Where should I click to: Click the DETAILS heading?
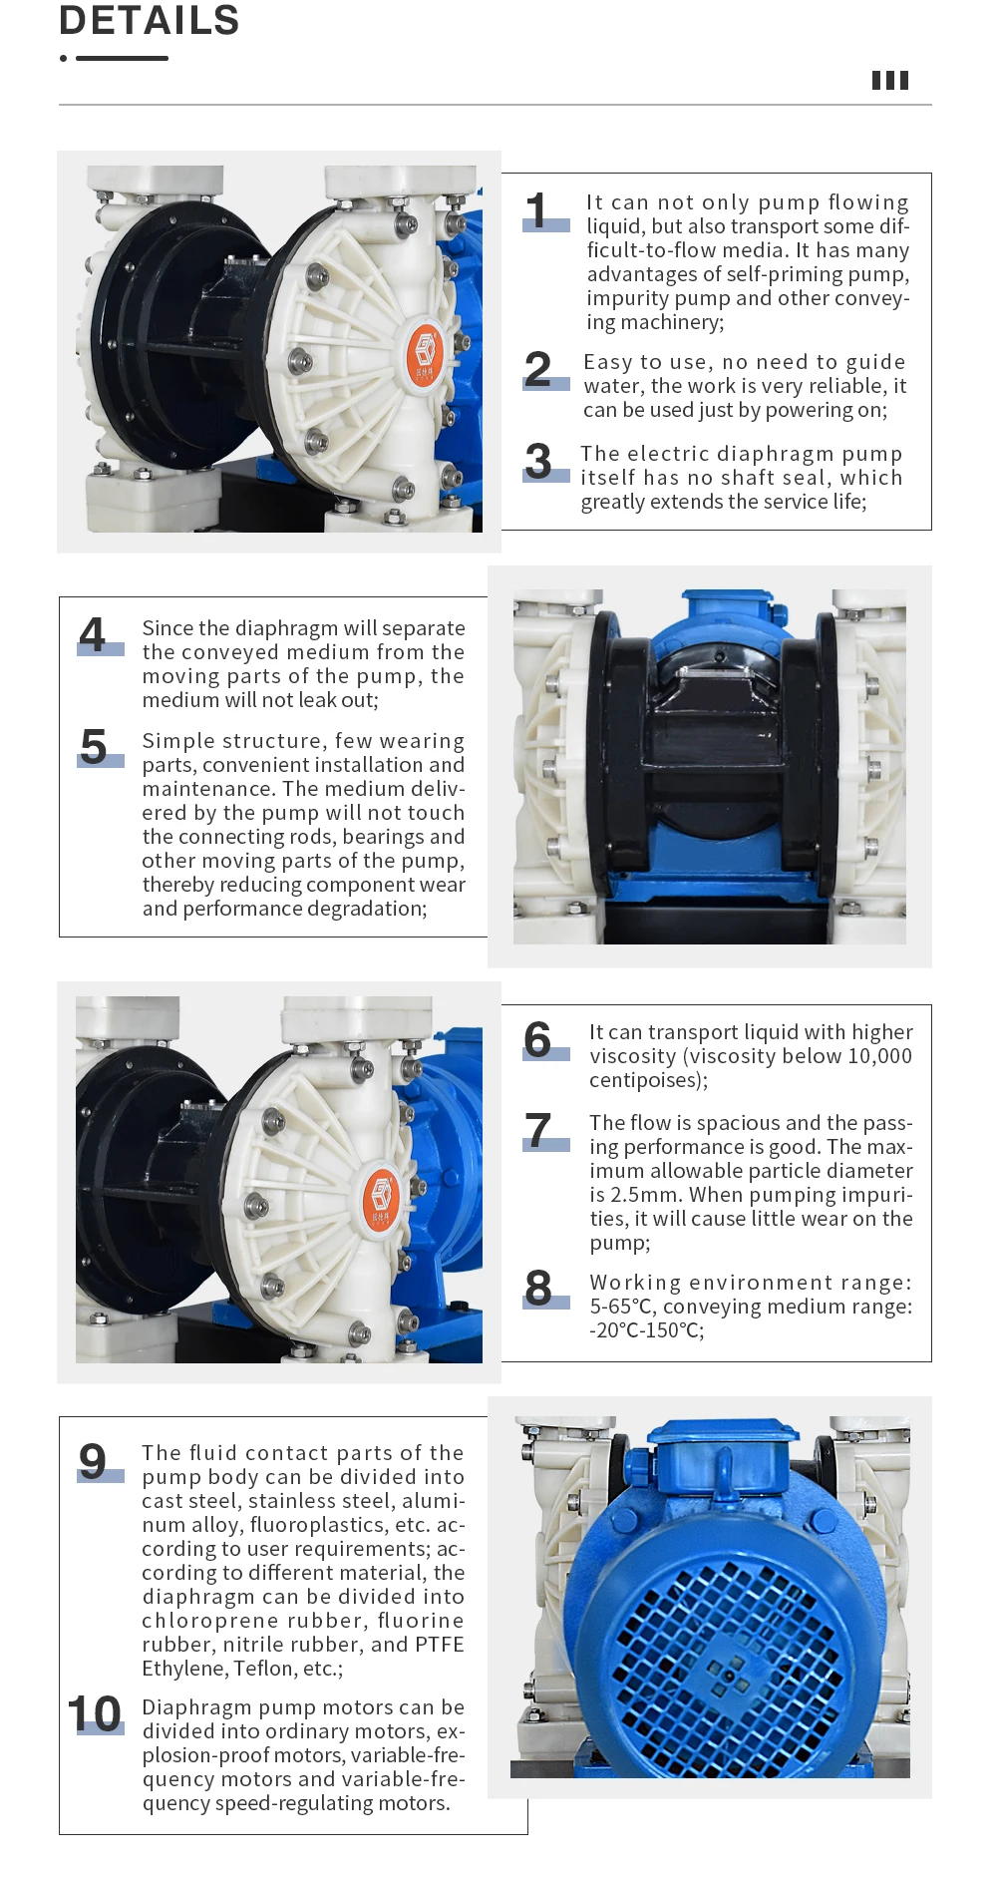coord(149,21)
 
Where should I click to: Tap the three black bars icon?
coord(889,81)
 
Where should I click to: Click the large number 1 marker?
coord(538,211)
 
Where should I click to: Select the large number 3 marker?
coord(538,462)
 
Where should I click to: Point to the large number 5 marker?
coord(94,747)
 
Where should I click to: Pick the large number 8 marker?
coord(538,1288)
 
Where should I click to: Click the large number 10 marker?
coord(95,1714)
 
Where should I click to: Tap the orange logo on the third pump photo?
coord(381,1196)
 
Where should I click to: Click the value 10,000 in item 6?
coord(879,1056)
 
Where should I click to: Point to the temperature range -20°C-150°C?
coord(646,1330)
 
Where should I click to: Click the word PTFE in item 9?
coord(440,1645)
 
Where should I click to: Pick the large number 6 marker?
coord(538,1040)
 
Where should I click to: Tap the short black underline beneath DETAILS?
coord(122,59)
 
